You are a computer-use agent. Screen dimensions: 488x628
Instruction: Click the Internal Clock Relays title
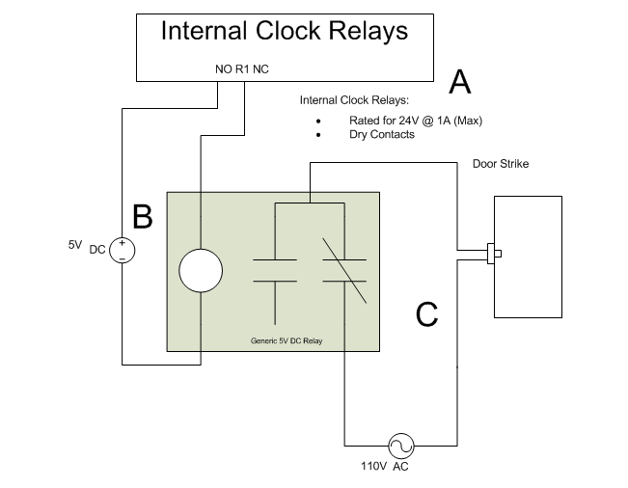point(284,31)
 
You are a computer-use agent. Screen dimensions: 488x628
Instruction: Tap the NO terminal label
point(224,69)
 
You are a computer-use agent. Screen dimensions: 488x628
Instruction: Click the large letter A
point(460,84)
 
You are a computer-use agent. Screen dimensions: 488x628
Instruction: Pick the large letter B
point(142,218)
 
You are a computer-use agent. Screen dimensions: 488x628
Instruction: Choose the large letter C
point(426,314)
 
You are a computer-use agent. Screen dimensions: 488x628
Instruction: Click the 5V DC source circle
point(123,251)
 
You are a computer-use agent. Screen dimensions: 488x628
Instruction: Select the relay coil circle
point(201,270)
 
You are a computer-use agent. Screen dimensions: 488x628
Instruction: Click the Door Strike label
point(500,164)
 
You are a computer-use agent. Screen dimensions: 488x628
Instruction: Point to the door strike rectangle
point(528,256)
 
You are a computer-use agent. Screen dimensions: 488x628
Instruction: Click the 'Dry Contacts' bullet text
point(381,135)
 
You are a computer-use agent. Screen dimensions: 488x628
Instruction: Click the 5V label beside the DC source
point(75,245)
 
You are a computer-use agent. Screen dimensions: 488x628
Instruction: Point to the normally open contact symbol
point(275,270)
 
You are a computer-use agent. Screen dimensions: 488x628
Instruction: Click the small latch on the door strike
point(494,255)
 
